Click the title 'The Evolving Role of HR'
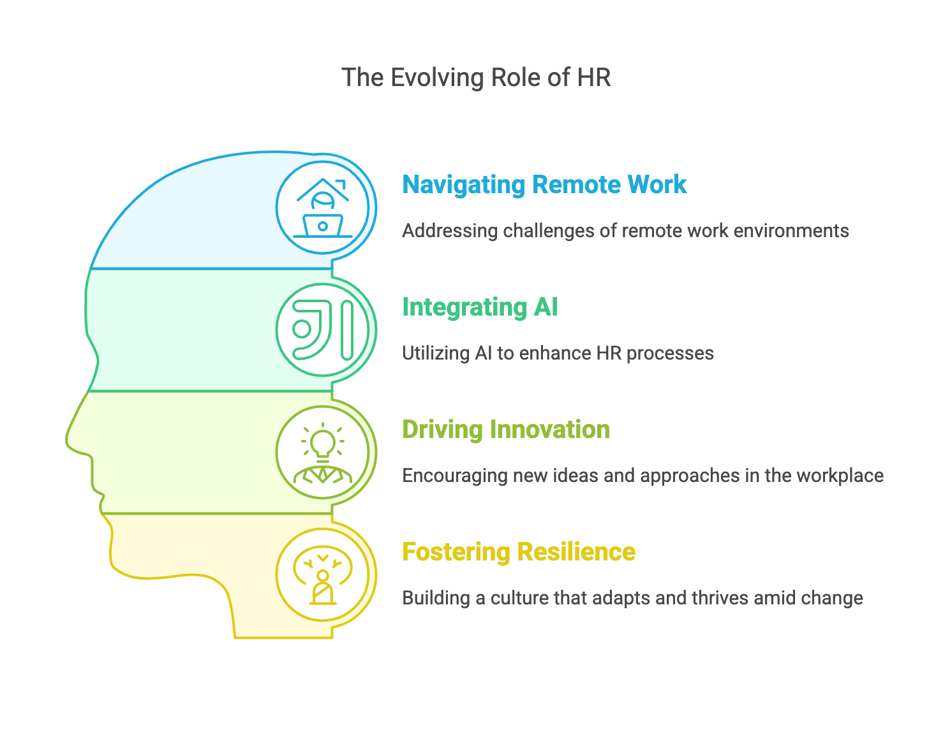coord(476,78)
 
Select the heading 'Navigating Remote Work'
coord(544,185)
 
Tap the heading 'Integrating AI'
coord(480,307)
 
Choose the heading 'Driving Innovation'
coord(506,430)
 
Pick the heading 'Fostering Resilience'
coord(519,552)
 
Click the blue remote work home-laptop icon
coord(323,207)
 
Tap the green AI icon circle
coord(323,330)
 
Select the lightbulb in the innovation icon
coord(323,442)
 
